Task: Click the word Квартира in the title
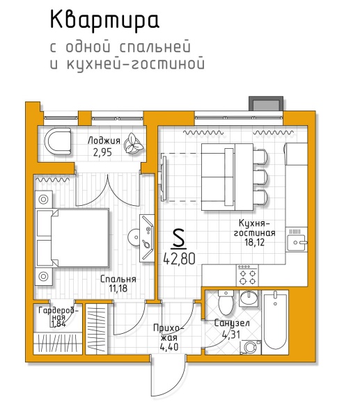tap(104, 20)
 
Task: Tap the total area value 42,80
tap(179, 259)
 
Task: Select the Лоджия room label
tap(104, 140)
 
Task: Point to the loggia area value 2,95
tap(102, 152)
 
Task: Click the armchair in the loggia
tap(58, 141)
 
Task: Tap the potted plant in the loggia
tap(133, 143)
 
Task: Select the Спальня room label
tap(118, 279)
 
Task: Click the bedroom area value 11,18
tap(118, 288)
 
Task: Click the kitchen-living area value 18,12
tap(255, 242)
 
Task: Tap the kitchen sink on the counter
tap(297, 239)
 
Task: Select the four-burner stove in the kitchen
tap(248, 275)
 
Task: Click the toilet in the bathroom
tap(226, 303)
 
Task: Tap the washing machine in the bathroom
tap(251, 347)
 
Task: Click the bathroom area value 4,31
tap(231, 335)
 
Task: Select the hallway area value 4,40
tap(169, 347)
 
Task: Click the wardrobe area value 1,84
tap(58, 324)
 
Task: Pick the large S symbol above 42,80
tap(179, 239)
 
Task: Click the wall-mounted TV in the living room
tap(164, 177)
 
